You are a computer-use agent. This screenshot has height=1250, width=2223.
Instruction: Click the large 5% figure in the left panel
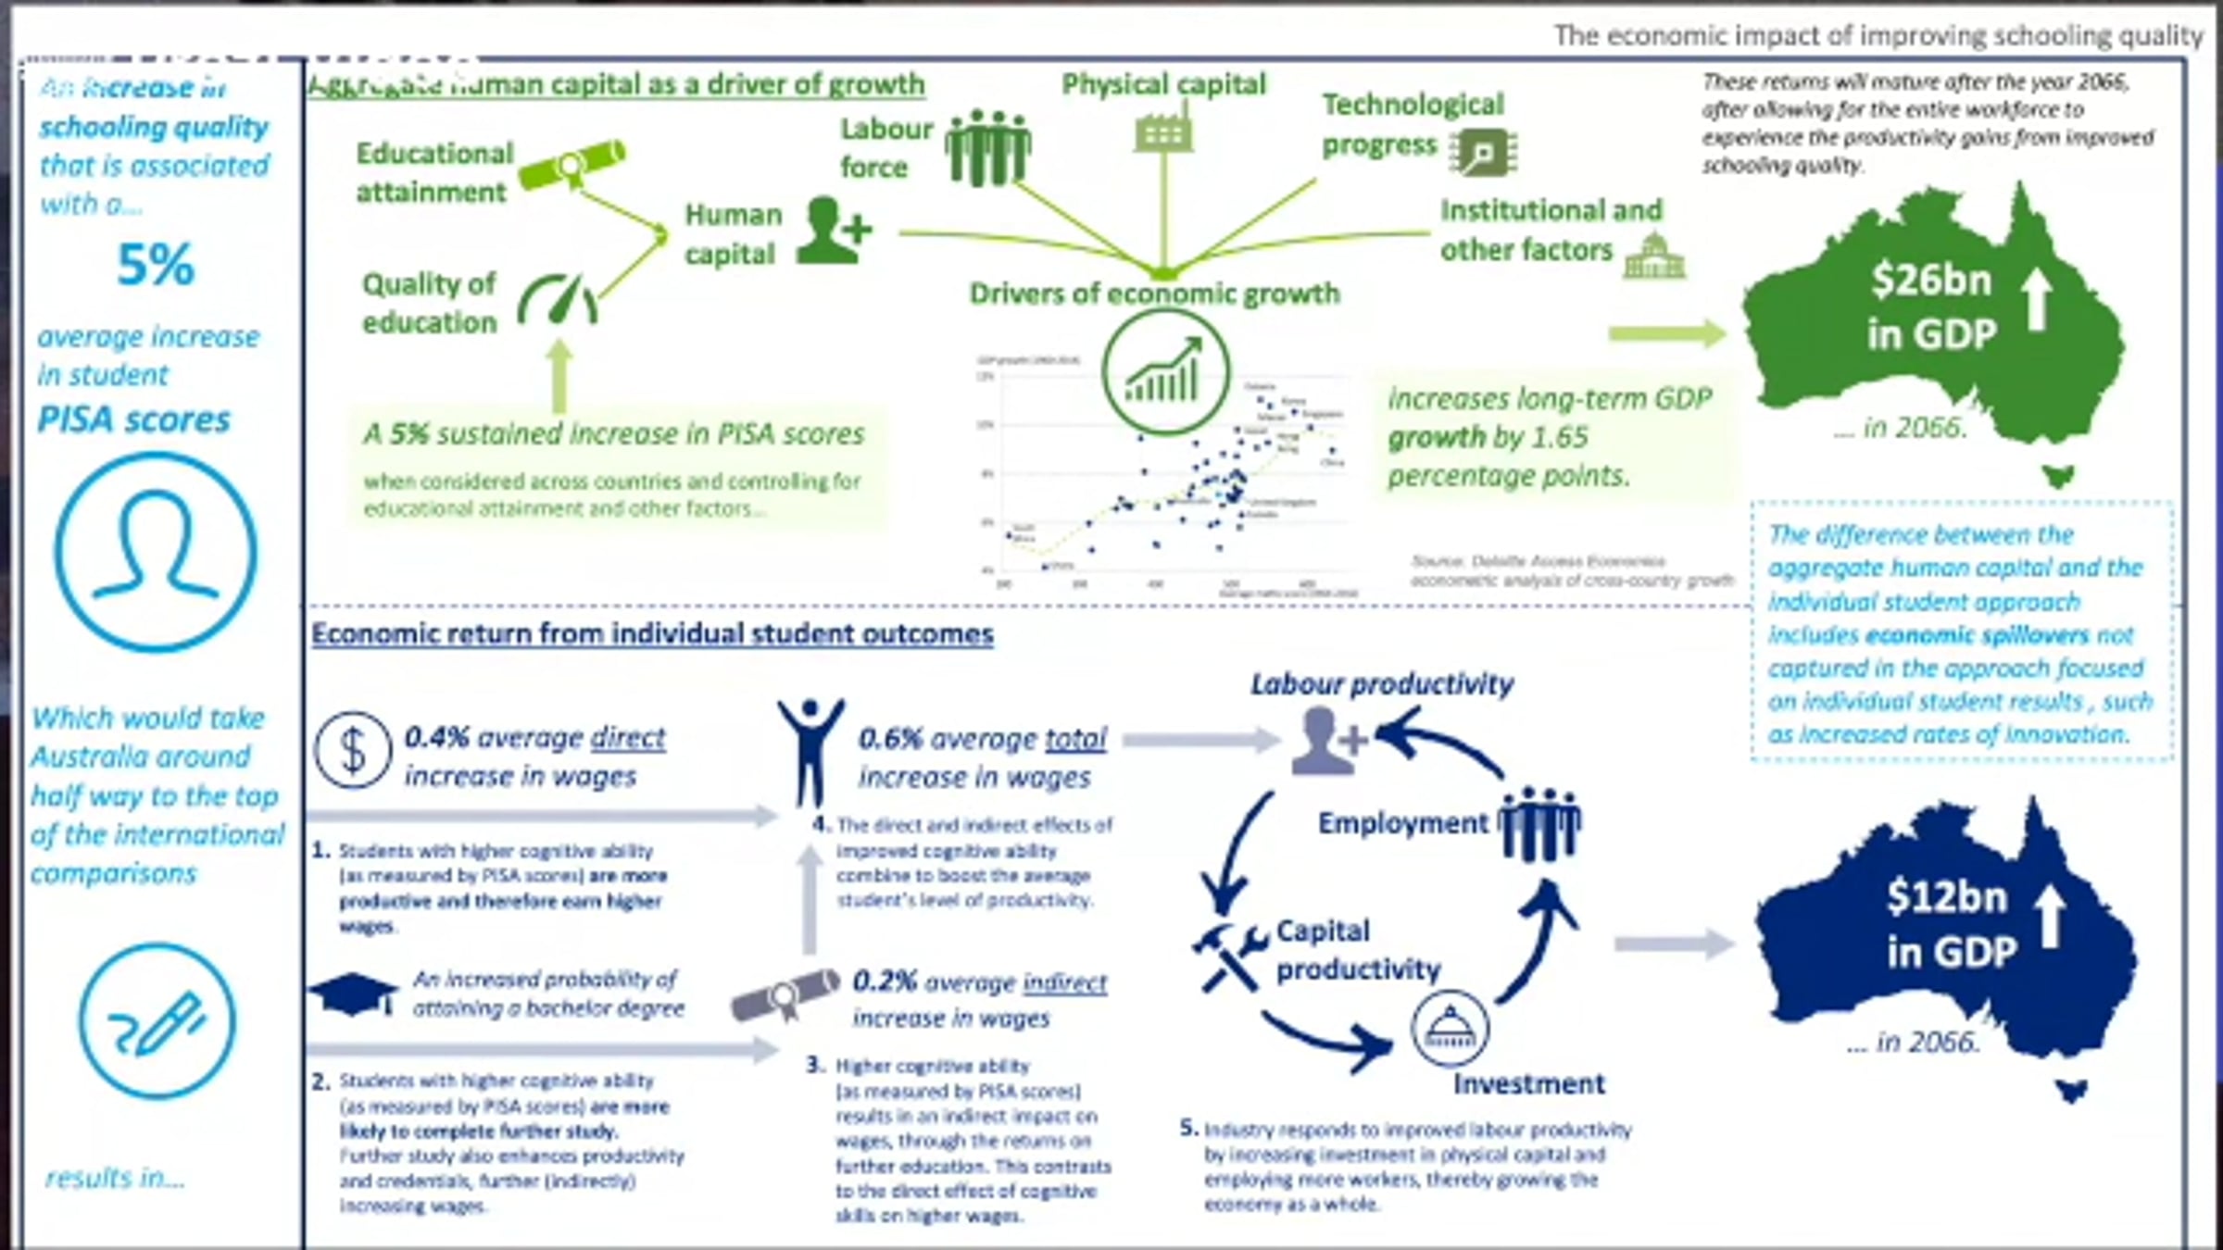(156, 266)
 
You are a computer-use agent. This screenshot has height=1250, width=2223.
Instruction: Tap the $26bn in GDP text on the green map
(1931, 306)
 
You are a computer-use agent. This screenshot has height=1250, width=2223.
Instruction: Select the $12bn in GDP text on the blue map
(1951, 924)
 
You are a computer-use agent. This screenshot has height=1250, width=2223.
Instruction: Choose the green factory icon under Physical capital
(1163, 132)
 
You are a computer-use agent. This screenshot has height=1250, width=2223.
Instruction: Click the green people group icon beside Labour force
(988, 148)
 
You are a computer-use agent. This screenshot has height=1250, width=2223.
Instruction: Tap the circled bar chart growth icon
(1165, 372)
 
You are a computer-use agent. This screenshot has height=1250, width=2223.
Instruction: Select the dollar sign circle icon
(352, 749)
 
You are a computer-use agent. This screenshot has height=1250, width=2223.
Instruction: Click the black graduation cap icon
(353, 994)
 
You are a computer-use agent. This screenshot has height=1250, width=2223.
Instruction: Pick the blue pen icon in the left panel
(157, 1021)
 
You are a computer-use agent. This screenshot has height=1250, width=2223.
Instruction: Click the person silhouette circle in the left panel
(156, 552)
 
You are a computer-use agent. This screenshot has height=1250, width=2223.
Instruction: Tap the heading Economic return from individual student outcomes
(652, 634)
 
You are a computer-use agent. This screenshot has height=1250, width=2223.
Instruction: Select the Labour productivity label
(1381, 684)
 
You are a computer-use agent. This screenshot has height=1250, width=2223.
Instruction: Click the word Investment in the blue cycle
(1528, 1083)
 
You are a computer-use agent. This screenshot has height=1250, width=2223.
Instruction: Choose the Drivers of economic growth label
(1154, 294)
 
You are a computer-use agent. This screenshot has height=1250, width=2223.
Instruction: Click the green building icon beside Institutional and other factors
(1654, 256)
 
